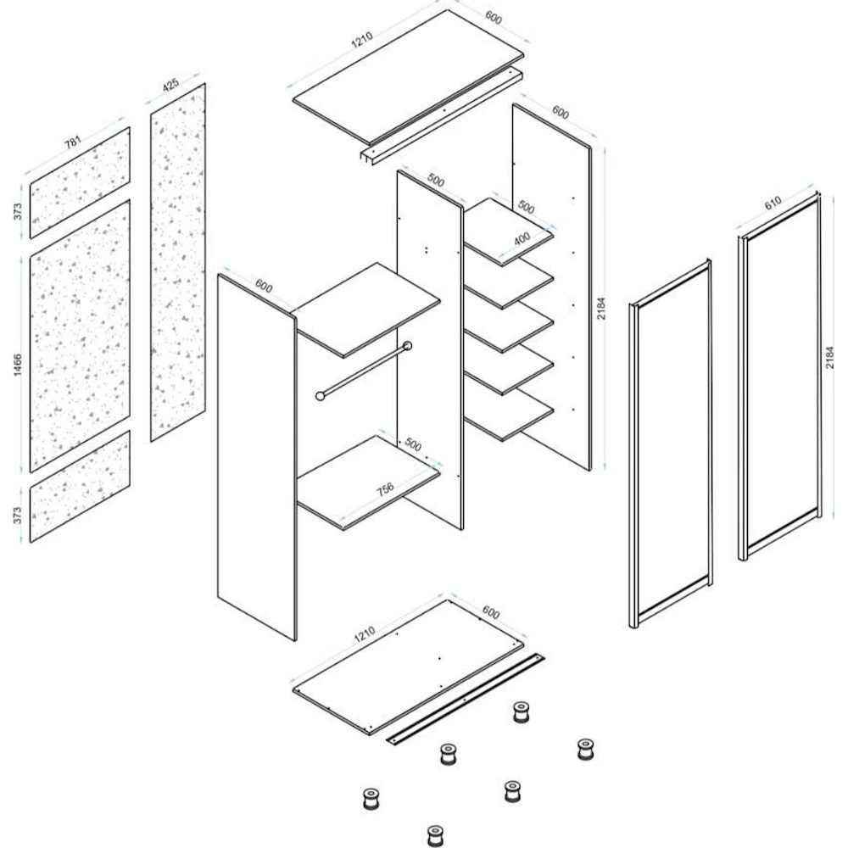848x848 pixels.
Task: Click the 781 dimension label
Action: pyautogui.click(x=73, y=142)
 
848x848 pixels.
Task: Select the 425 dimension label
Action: pyautogui.click(x=170, y=85)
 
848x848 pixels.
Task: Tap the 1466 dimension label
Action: pyautogui.click(x=18, y=365)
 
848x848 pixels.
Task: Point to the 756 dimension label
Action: pyautogui.click(x=385, y=489)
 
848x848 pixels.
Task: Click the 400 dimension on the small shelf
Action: pyautogui.click(x=522, y=238)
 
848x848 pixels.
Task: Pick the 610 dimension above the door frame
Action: pyautogui.click(x=773, y=203)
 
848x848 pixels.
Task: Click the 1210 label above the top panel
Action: pyautogui.click(x=362, y=40)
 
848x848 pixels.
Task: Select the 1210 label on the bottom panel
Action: pyautogui.click(x=364, y=633)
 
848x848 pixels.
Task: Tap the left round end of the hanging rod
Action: pyautogui.click(x=321, y=396)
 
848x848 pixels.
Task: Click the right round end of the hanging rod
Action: pyautogui.click(x=407, y=346)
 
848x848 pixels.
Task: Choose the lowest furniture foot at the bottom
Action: pyautogui.click(x=435, y=835)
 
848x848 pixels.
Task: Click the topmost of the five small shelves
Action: pyautogui.click(x=508, y=232)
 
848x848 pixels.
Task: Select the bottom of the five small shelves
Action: pyautogui.click(x=508, y=416)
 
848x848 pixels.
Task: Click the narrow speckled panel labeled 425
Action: pyautogui.click(x=178, y=262)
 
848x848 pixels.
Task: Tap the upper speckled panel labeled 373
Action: pyautogui.click(x=80, y=183)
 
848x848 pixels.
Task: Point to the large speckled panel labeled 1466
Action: pyautogui.click(x=80, y=336)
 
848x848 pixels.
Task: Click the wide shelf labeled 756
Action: pyautogui.click(x=369, y=483)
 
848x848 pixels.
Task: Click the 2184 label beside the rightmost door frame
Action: pyautogui.click(x=831, y=358)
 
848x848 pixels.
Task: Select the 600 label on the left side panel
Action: pyautogui.click(x=264, y=286)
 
